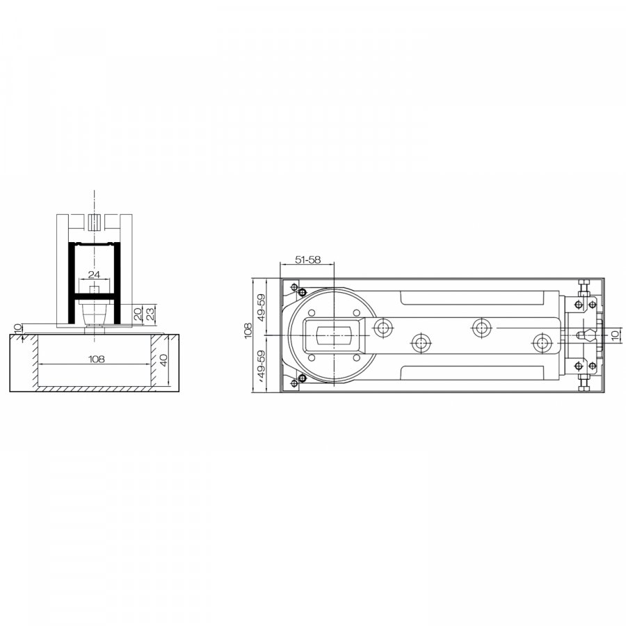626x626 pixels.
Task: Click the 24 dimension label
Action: tap(94, 274)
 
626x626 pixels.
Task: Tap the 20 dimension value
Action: tap(137, 314)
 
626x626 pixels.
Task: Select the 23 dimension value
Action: tap(150, 314)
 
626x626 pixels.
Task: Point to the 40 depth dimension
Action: tap(163, 361)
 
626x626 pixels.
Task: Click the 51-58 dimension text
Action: tap(307, 259)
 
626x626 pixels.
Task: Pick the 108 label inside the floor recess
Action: tap(96, 359)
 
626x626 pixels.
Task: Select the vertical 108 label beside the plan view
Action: tap(248, 331)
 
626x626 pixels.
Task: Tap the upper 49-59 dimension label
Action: tap(261, 307)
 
